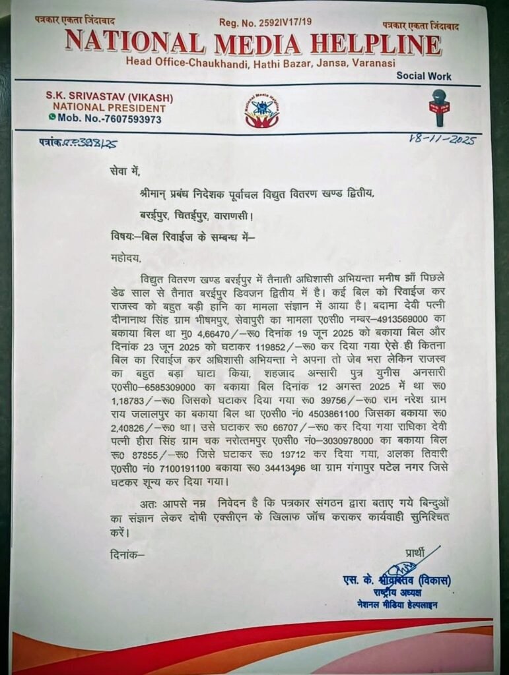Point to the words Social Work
click(x=424, y=76)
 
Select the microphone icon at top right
click(x=439, y=107)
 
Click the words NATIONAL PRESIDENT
click(x=109, y=108)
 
